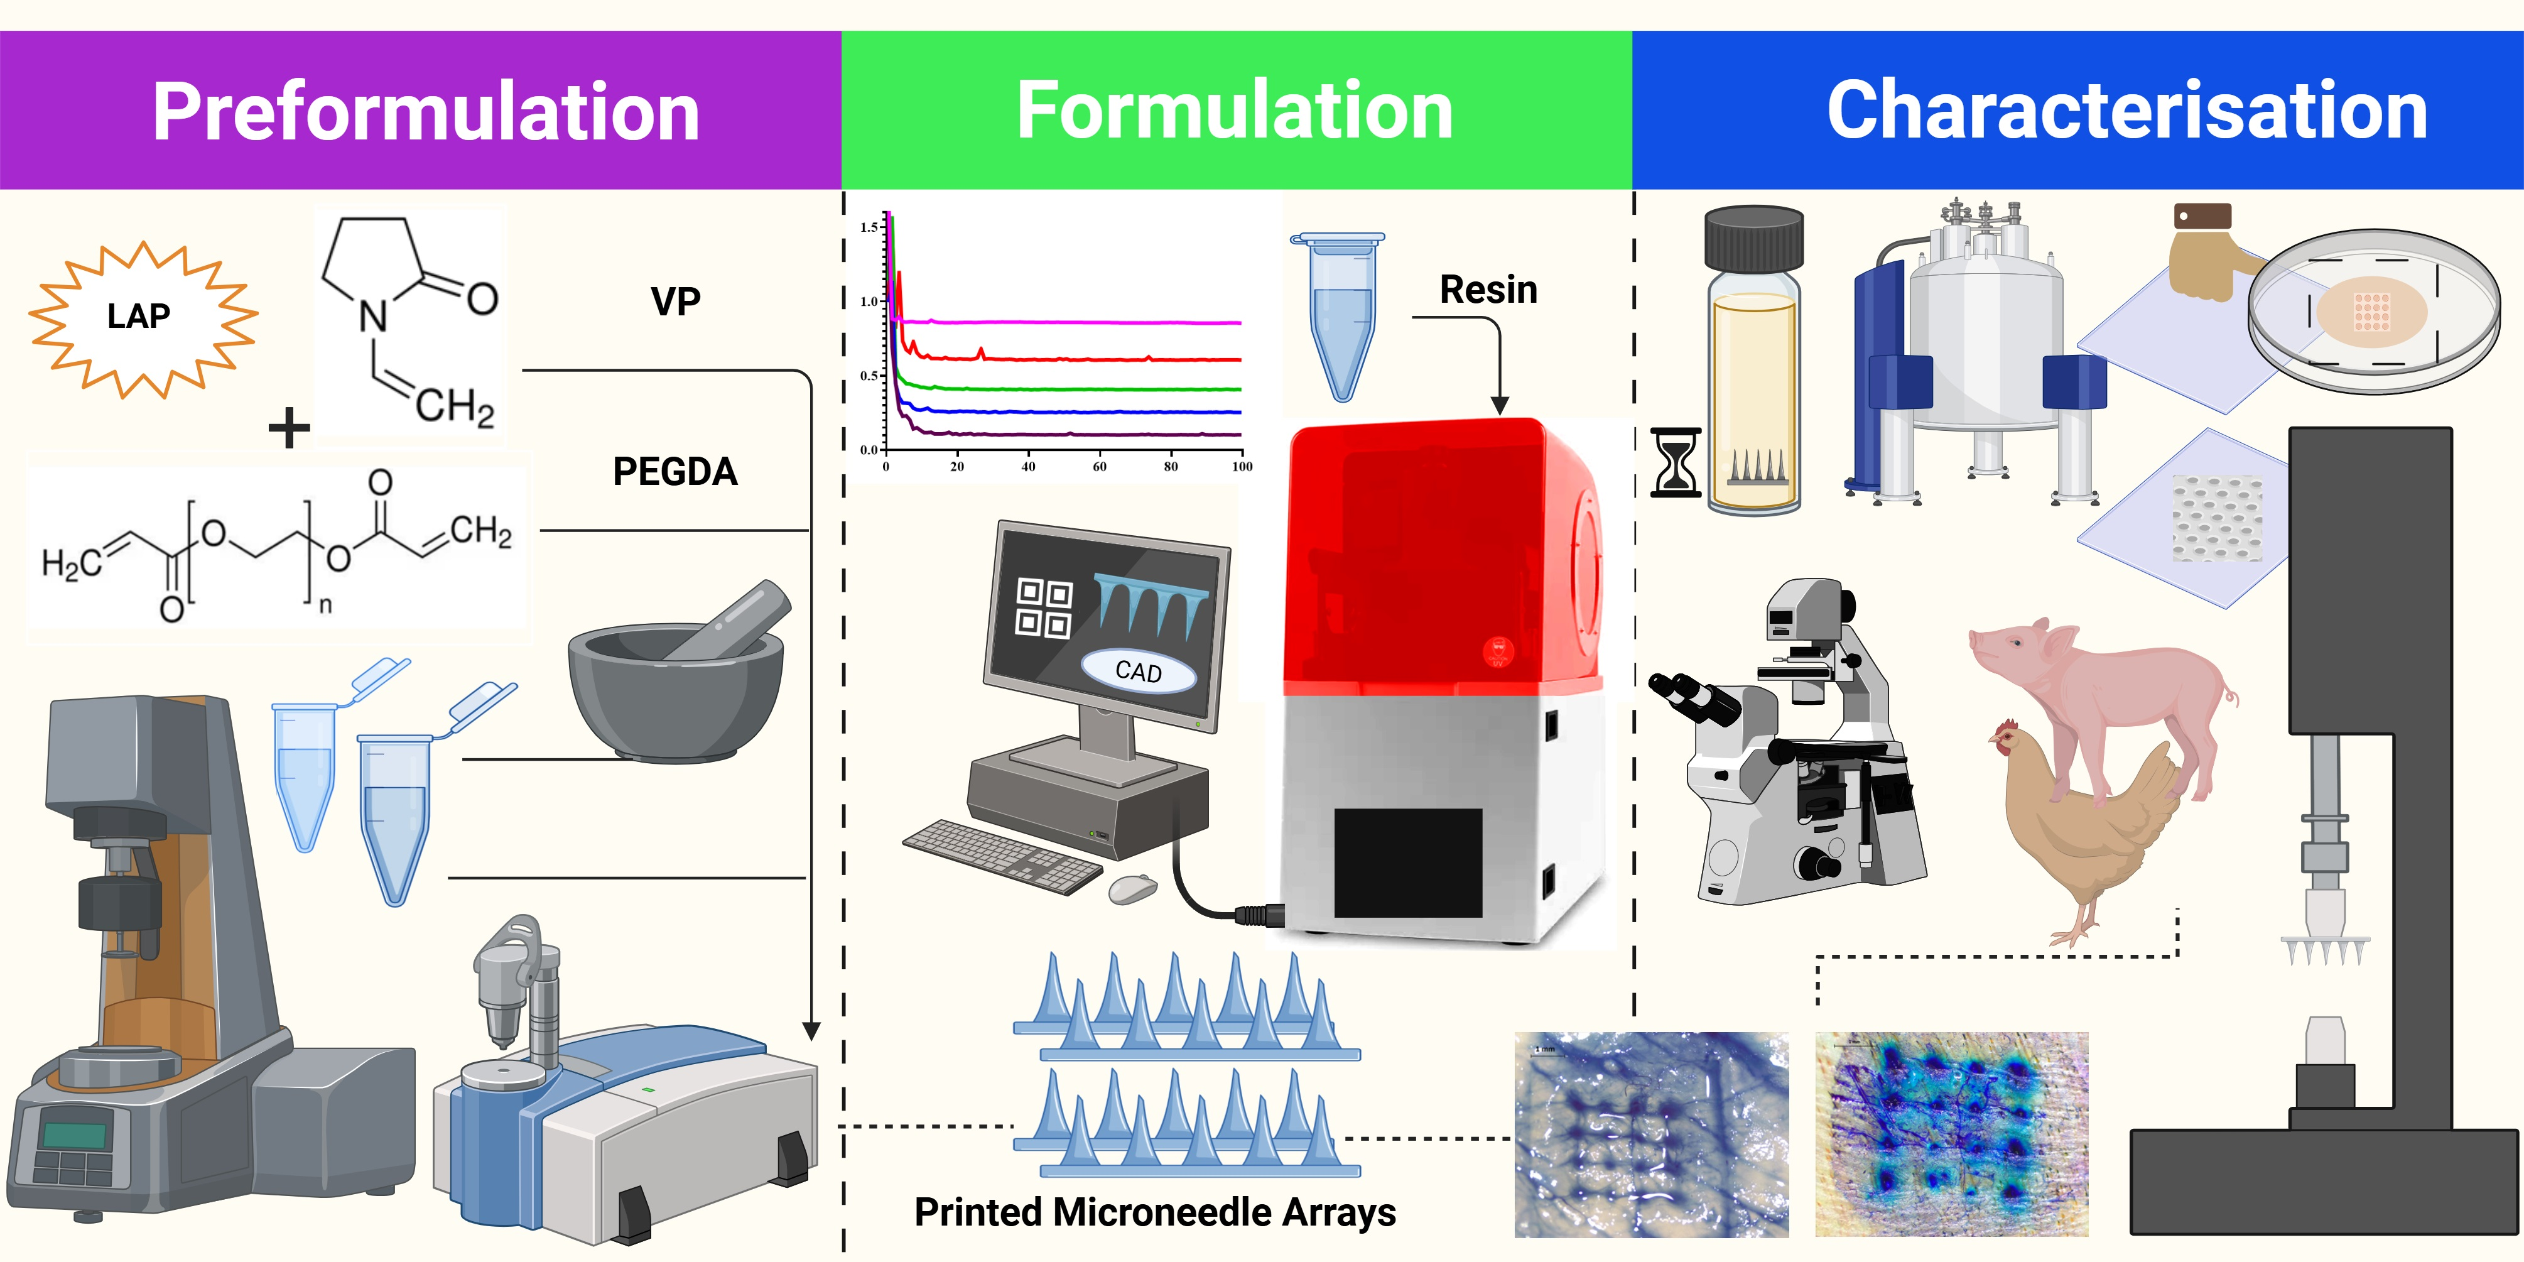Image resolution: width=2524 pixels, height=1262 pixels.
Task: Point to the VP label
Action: click(675, 302)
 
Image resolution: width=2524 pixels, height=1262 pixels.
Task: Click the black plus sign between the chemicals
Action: click(289, 428)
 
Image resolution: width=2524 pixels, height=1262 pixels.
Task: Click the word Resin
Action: click(1487, 290)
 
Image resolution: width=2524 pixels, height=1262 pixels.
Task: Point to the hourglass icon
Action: click(1676, 462)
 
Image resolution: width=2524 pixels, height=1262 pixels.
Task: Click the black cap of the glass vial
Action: click(1754, 238)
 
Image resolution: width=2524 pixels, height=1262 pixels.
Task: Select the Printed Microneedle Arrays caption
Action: click(1154, 1212)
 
